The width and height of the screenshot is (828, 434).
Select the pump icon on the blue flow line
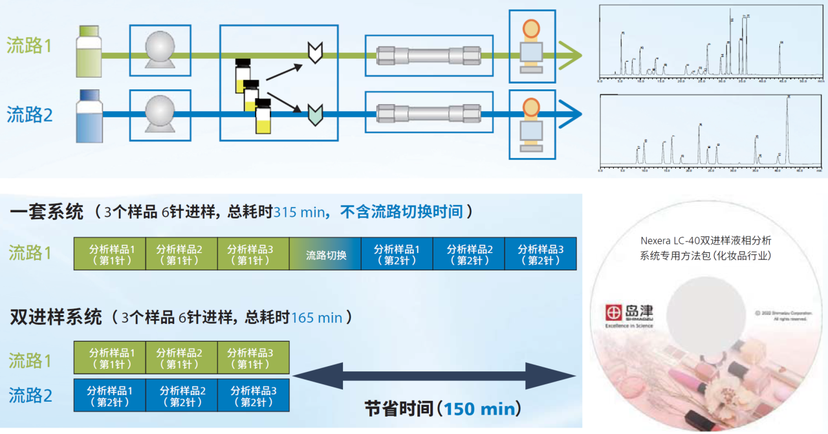[160, 115]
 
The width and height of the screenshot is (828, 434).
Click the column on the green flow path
[428, 55]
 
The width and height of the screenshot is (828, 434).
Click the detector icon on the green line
[531, 47]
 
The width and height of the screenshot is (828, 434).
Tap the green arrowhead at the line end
[569, 55]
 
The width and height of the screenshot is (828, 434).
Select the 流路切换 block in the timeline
[325, 254]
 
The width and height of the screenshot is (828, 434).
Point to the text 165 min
[316, 318]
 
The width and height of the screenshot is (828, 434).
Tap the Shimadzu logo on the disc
[629, 314]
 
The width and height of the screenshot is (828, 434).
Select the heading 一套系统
[47, 212]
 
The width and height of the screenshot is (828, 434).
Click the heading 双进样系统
[56, 318]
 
